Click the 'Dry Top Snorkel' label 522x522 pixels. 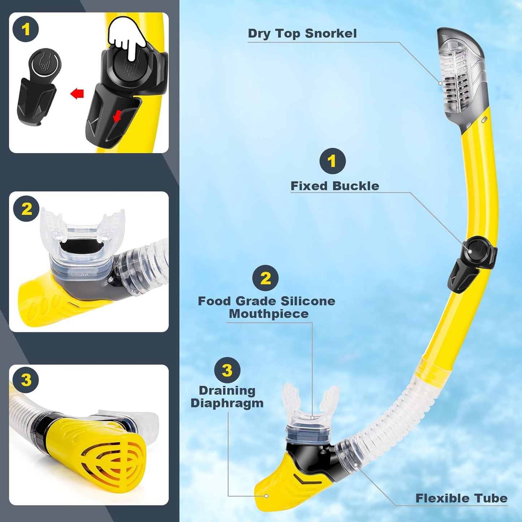point(302,34)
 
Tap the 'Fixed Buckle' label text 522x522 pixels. point(335,186)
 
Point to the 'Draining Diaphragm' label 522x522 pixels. point(227,397)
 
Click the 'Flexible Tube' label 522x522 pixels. point(461,499)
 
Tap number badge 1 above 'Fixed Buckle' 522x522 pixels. point(332,161)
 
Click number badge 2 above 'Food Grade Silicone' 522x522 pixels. point(265,278)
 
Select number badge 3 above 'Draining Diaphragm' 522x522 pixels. point(227,370)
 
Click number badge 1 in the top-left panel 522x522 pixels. point(26,29)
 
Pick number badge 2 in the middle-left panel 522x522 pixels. point(26,209)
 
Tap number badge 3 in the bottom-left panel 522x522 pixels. point(26,380)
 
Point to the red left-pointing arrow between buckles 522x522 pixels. point(77,94)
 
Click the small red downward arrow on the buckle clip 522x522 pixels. point(117,117)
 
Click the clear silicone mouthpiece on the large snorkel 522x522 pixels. point(311,408)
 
